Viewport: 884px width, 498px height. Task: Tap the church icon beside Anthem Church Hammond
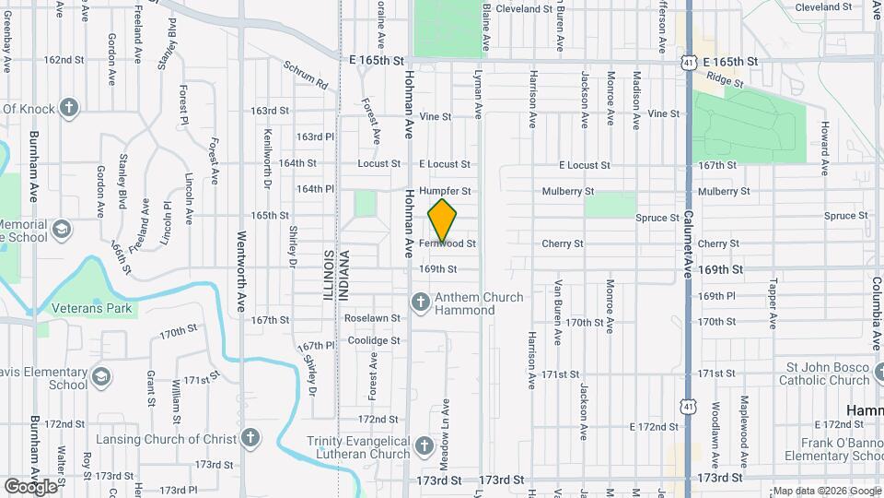tap(420, 302)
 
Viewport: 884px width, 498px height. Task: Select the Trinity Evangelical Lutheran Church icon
tap(424, 446)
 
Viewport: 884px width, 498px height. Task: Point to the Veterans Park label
tap(91, 308)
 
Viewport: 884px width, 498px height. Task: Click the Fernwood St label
tap(447, 244)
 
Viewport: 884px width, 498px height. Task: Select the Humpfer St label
tap(445, 191)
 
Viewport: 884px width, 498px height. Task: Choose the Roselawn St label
tap(372, 317)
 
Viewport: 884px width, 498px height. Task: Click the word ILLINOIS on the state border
tap(327, 275)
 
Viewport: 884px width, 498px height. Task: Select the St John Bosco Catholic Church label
tap(823, 373)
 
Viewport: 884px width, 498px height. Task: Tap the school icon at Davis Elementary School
tap(100, 376)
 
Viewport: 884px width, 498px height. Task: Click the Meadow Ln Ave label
tap(445, 427)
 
